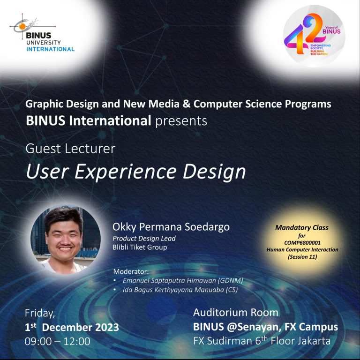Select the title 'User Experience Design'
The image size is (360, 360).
135,172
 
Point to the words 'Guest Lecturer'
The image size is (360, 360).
70,149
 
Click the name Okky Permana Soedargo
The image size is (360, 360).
171,227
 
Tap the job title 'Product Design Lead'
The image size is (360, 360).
144,238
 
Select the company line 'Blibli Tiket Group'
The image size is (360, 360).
140,247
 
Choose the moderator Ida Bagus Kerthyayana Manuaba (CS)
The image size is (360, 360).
182,289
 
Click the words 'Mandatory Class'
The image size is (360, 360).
301,228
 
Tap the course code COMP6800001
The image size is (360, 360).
301,243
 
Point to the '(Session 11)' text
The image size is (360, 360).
302,257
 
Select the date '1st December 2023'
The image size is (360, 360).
71,327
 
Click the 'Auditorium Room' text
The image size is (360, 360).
236,313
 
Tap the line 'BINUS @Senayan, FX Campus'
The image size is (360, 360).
265,327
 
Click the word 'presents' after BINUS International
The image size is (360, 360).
181,121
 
